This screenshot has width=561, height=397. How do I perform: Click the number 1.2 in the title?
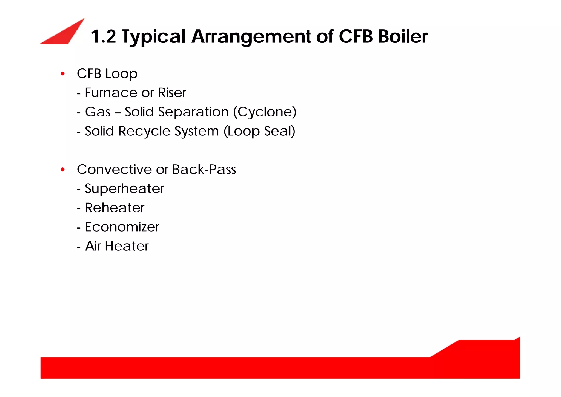(103, 36)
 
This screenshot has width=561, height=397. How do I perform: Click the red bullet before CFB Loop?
(63, 74)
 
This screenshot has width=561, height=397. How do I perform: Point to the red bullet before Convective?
(63, 170)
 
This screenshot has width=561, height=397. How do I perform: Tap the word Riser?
(172, 93)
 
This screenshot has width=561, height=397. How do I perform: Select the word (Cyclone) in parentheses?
(265, 112)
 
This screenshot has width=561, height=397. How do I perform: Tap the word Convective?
(115, 169)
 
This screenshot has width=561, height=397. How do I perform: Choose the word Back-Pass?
(204, 169)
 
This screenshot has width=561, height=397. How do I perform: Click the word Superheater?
(124, 188)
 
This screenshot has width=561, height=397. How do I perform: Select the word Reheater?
(115, 208)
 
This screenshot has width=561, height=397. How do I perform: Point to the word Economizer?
(122, 227)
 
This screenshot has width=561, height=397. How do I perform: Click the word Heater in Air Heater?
(127, 246)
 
